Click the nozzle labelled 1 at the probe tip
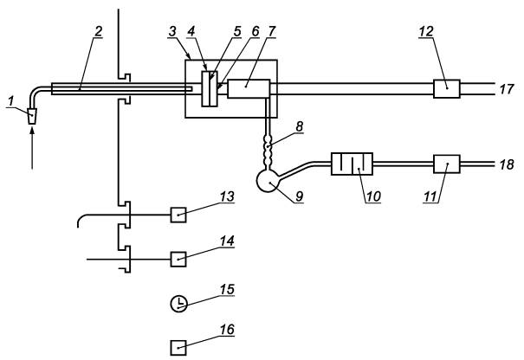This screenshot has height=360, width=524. click(32, 116)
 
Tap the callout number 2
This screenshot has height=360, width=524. click(98, 32)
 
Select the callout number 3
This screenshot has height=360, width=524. click(172, 32)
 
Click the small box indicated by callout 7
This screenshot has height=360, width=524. click(249, 88)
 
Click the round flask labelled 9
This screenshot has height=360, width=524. click(268, 181)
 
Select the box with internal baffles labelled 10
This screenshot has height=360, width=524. click(352, 164)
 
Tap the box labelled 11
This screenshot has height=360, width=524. click(447, 164)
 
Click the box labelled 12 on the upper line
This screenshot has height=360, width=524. click(447, 88)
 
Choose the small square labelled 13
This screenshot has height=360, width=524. click(178, 215)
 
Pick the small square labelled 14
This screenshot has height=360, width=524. click(178, 259)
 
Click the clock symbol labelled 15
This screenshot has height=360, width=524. click(179, 304)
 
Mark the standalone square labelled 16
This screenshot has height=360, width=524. click(178, 348)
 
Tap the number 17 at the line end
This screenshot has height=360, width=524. click(507, 89)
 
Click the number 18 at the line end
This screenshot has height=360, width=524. click(507, 164)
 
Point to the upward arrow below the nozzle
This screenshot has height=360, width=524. click(32, 149)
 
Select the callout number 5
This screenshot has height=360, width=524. click(237, 32)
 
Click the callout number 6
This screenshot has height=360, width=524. click(256, 32)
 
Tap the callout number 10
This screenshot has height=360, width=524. click(373, 196)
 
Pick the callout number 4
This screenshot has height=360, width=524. click(191, 32)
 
